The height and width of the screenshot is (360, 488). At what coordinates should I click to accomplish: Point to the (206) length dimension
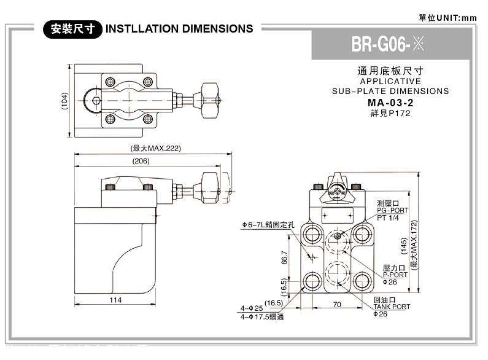(141, 161)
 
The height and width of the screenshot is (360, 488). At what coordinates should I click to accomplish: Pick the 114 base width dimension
(115, 300)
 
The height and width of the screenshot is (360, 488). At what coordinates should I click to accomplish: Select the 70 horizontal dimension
(336, 304)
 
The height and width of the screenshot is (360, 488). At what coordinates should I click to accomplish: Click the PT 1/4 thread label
(388, 217)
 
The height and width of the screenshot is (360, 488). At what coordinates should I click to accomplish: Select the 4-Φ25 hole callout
(252, 307)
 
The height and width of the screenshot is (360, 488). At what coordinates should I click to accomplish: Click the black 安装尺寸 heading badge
(72, 29)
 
